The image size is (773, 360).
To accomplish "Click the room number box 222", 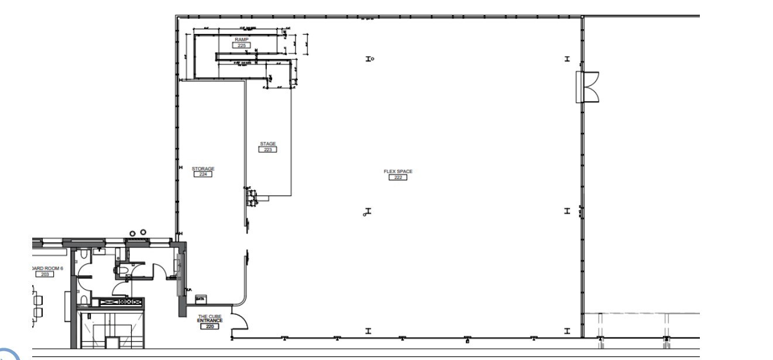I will (x=397, y=177).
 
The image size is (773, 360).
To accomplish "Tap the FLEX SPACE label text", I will (x=398, y=172).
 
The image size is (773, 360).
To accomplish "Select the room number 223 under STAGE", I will (x=267, y=149).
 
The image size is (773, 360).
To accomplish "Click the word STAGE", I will (x=267, y=144).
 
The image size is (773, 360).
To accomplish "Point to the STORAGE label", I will (x=203, y=169).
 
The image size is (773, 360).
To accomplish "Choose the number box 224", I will (x=203, y=174).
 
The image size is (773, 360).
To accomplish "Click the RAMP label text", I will (x=241, y=39).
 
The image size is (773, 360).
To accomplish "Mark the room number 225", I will (x=241, y=45).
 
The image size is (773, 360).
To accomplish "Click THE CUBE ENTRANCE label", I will (x=209, y=318).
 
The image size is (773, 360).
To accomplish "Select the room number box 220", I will (x=209, y=326).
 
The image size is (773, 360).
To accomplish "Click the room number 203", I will (x=44, y=274).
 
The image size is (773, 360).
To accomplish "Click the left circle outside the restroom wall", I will (x=133, y=234).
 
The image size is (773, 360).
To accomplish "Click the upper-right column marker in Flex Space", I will (x=566, y=59).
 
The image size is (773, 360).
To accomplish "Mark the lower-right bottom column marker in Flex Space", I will (x=566, y=331).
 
